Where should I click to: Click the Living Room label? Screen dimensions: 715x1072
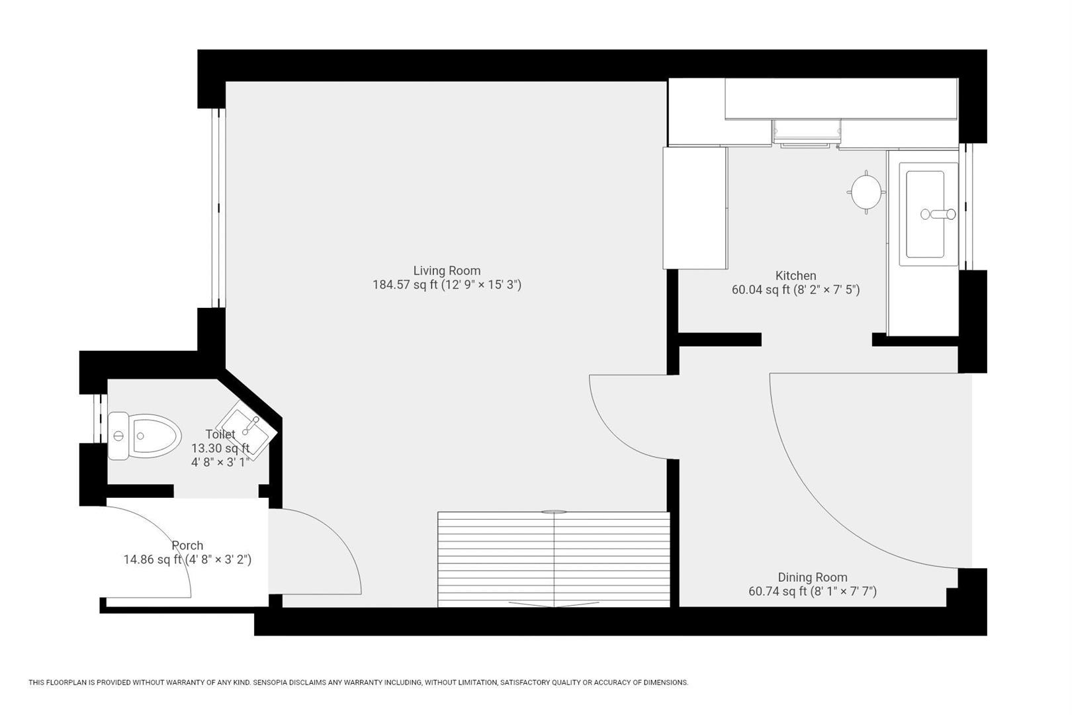point(447,270)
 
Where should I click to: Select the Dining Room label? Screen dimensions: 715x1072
point(812,577)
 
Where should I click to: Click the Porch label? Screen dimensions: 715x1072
point(187,546)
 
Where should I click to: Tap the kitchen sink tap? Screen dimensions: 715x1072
point(938,214)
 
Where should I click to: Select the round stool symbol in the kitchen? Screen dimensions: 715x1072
point(866,192)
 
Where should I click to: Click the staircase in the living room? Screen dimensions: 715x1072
point(553,559)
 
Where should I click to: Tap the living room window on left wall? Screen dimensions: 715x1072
point(218,207)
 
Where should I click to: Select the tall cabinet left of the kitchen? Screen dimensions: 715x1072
point(695,208)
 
